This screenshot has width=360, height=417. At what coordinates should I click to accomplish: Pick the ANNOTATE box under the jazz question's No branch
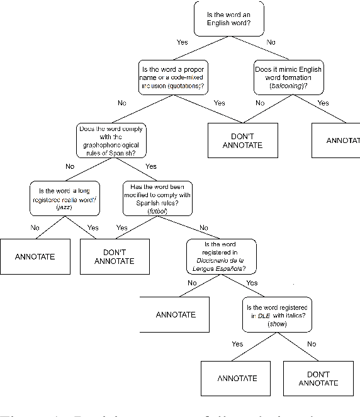click(35, 256)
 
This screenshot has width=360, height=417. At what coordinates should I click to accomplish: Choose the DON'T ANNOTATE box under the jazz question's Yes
click(115, 256)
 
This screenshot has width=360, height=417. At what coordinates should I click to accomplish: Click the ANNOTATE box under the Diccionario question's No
click(176, 314)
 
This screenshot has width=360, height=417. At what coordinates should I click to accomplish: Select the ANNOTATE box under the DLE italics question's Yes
click(237, 379)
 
